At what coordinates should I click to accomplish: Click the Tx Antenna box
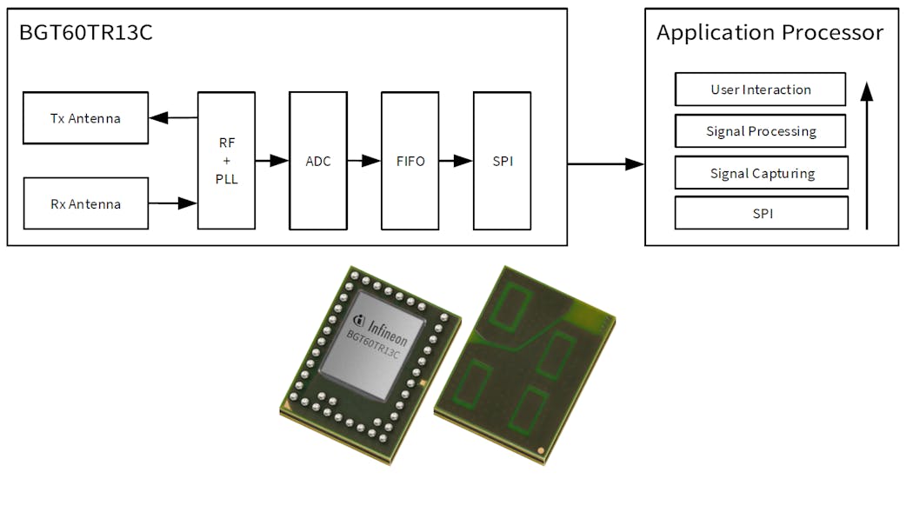pyautogui.click(x=85, y=117)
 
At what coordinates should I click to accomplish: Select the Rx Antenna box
pyautogui.click(x=85, y=203)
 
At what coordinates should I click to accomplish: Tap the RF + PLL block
pyautogui.click(x=227, y=160)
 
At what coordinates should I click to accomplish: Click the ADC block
pyautogui.click(x=318, y=160)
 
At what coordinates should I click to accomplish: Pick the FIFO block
pyautogui.click(x=410, y=160)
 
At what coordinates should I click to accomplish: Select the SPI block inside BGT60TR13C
pyautogui.click(x=502, y=160)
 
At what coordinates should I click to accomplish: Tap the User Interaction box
pyautogui.click(x=760, y=90)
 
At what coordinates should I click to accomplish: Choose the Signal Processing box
pyautogui.click(x=760, y=131)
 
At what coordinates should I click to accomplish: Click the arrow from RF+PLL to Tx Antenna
pyautogui.click(x=173, y=117)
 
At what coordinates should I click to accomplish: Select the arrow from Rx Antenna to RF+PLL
pyautogui.click(x=173, y=203)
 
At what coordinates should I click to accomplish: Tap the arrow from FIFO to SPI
pyautogui.click(x=456, y=161)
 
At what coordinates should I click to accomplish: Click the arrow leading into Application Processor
pyautogui.click(x=605, y=163)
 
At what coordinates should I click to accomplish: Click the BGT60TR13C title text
pyautogui.click(x=84, y=34)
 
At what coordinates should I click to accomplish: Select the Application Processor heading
pyautogui.click(x=770, y=33)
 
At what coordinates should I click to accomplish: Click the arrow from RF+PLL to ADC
pyautogui.click(x=272, y=161)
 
